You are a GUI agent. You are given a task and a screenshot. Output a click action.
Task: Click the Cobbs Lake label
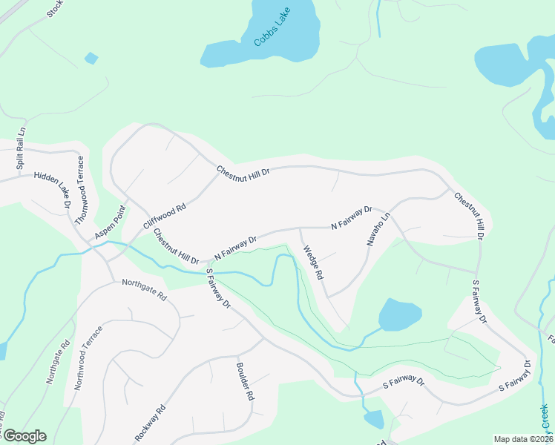(x=272, y=27)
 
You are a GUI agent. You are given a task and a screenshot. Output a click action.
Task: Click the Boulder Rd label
(x=245, y=382)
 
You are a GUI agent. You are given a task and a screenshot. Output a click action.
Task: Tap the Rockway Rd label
(x=150, y=423)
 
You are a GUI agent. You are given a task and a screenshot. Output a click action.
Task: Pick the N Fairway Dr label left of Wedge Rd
(x=235, y=248)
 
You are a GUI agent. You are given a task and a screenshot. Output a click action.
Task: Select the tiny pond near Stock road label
(x=91, y=58)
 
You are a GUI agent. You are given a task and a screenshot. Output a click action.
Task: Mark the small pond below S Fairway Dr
(x=374, y=419)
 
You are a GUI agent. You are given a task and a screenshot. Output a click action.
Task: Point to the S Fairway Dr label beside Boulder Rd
(x=218, y=289)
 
